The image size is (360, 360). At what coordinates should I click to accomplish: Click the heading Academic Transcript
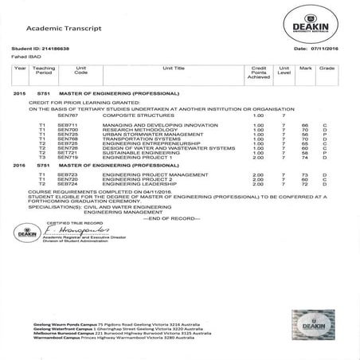pos(72,28)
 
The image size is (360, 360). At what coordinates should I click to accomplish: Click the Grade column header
pos(326,70)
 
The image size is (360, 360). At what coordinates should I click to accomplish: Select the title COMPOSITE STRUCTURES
pos(132,115)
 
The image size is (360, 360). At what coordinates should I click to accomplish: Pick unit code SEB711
pos(68,124)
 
